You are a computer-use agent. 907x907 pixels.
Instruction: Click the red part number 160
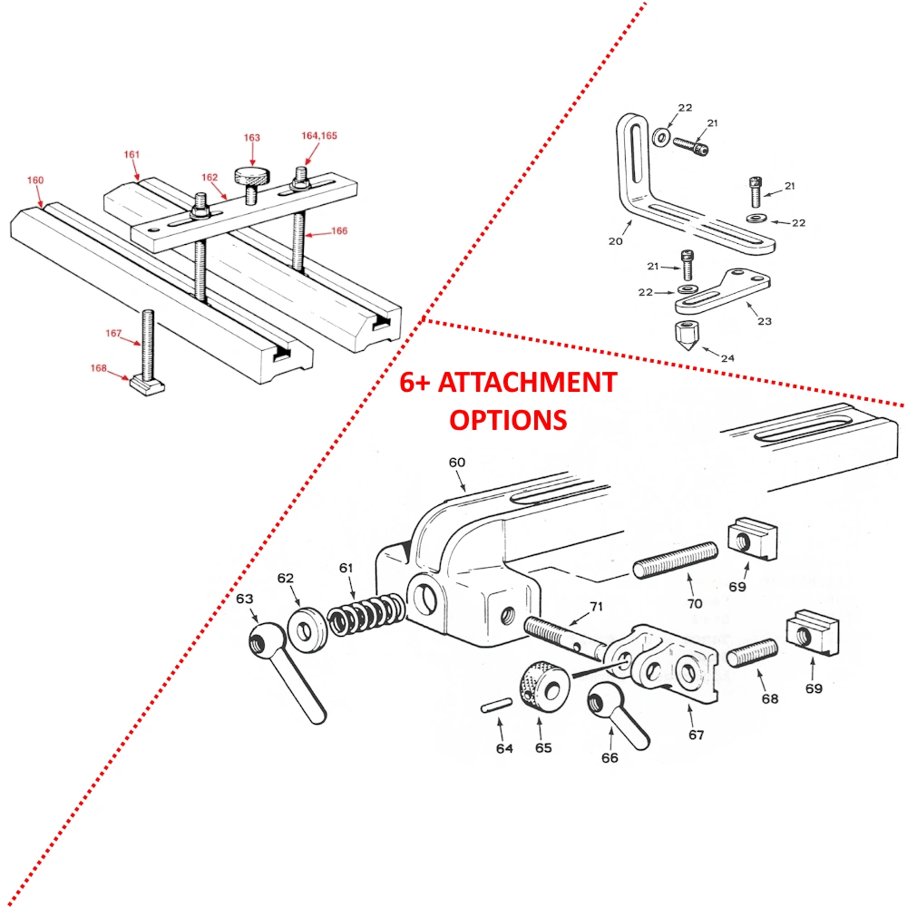pyautogui.click(x=35, y=180)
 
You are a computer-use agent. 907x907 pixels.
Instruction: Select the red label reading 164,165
pyautogui.click(x=319, y=135)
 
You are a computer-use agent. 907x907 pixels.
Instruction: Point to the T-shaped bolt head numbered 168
pyautogui.click(x=145, y=385)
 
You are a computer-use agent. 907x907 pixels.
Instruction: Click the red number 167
pyautogui.click(x=113, y=334)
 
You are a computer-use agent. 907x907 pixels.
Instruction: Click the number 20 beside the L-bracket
pyautogui.click(x=616, y=242)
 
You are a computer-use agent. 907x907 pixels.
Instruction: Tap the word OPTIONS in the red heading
pyautogui.click(x=508, y=420)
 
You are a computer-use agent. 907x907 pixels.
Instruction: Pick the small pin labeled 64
pyautogui.click(x=493, y=707)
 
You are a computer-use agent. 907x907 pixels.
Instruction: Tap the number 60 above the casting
pyautogui.click(x=456, y=462)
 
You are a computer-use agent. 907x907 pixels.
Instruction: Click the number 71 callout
pyautogui.click(x=595, y=607)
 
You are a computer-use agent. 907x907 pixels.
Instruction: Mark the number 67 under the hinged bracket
pyautogui.click(x=696, y=735)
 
